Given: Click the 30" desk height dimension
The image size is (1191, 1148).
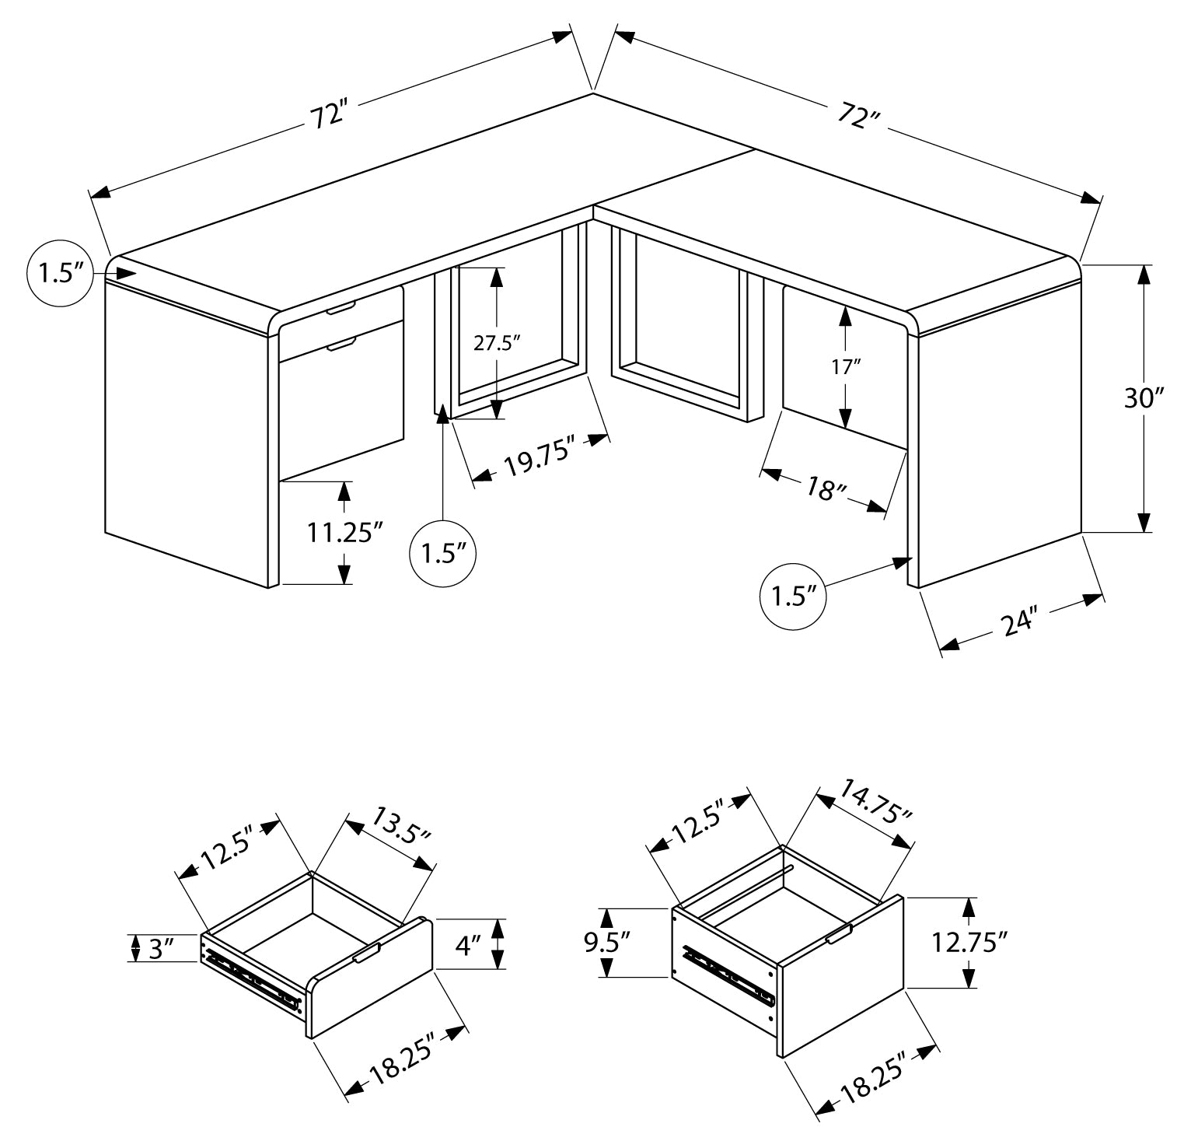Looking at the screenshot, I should [1144, 398].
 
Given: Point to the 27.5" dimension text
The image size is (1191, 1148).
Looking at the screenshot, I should [497, 343].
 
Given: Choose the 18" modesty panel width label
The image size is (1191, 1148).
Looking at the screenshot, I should [826, 489].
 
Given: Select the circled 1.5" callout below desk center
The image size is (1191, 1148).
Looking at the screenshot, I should [442, 553].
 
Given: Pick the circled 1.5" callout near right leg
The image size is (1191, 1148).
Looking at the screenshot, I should [792, 596].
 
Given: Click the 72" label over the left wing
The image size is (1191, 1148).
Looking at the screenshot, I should [327, 116].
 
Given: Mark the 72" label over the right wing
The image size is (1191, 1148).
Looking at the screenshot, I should [858, 116].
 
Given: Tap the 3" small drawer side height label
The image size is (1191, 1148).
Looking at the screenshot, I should [160, 948].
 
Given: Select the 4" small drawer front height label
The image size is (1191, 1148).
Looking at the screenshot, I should [468, 946].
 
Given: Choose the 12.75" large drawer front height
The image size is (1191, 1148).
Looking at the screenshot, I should [969, 943].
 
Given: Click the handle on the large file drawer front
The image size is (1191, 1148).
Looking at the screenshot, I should [839, 934].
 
